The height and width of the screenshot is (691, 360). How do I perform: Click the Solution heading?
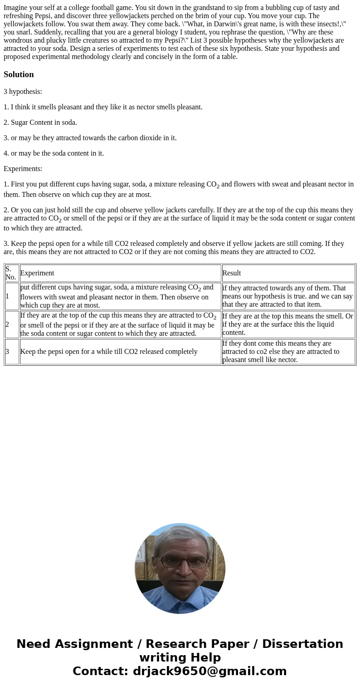point(19,74)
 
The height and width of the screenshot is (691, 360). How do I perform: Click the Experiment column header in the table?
point(37,273)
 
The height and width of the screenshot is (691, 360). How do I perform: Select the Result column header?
point(232,273)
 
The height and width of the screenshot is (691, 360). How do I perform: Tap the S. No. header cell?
point(11,273)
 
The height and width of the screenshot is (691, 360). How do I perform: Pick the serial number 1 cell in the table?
point(7,296)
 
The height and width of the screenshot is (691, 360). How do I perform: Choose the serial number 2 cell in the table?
point(7,324)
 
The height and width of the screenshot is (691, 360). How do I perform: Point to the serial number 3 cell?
point(7,352)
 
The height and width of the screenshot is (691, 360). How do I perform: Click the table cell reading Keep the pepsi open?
point(109,352)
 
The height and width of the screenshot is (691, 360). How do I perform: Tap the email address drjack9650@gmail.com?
point(209,671)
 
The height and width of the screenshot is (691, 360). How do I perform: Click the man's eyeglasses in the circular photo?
point(180,562)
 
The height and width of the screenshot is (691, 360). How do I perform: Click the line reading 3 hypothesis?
point(23,92)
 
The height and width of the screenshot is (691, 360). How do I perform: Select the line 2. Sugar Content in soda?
point(40,123)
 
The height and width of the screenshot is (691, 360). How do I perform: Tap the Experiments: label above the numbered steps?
point(23,169)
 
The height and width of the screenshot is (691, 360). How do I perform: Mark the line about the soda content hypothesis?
point(54,153)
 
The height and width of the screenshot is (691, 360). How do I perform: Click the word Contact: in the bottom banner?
point(101,671)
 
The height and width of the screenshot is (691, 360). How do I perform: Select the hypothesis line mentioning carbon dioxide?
point(90,138)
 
